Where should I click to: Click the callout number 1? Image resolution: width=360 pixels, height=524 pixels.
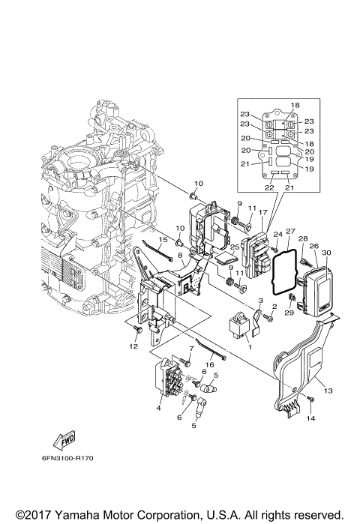pos(250,346)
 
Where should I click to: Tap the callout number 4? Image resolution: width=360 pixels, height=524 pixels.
pos(158,408)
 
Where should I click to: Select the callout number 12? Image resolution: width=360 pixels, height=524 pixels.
pos(133,346)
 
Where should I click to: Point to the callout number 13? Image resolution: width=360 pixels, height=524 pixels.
pos(327,391)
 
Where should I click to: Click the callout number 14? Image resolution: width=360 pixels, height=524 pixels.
pos(311,419)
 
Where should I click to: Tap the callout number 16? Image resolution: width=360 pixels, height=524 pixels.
pos(210,364)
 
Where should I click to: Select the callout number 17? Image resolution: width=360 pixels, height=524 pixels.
pos(263,213)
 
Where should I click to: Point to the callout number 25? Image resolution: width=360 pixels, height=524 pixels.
pos(234,246)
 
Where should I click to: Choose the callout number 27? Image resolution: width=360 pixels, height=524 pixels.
pos(290,232)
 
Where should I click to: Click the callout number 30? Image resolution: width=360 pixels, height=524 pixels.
pos(326,253)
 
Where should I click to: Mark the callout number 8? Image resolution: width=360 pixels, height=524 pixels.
pos(180,256)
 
